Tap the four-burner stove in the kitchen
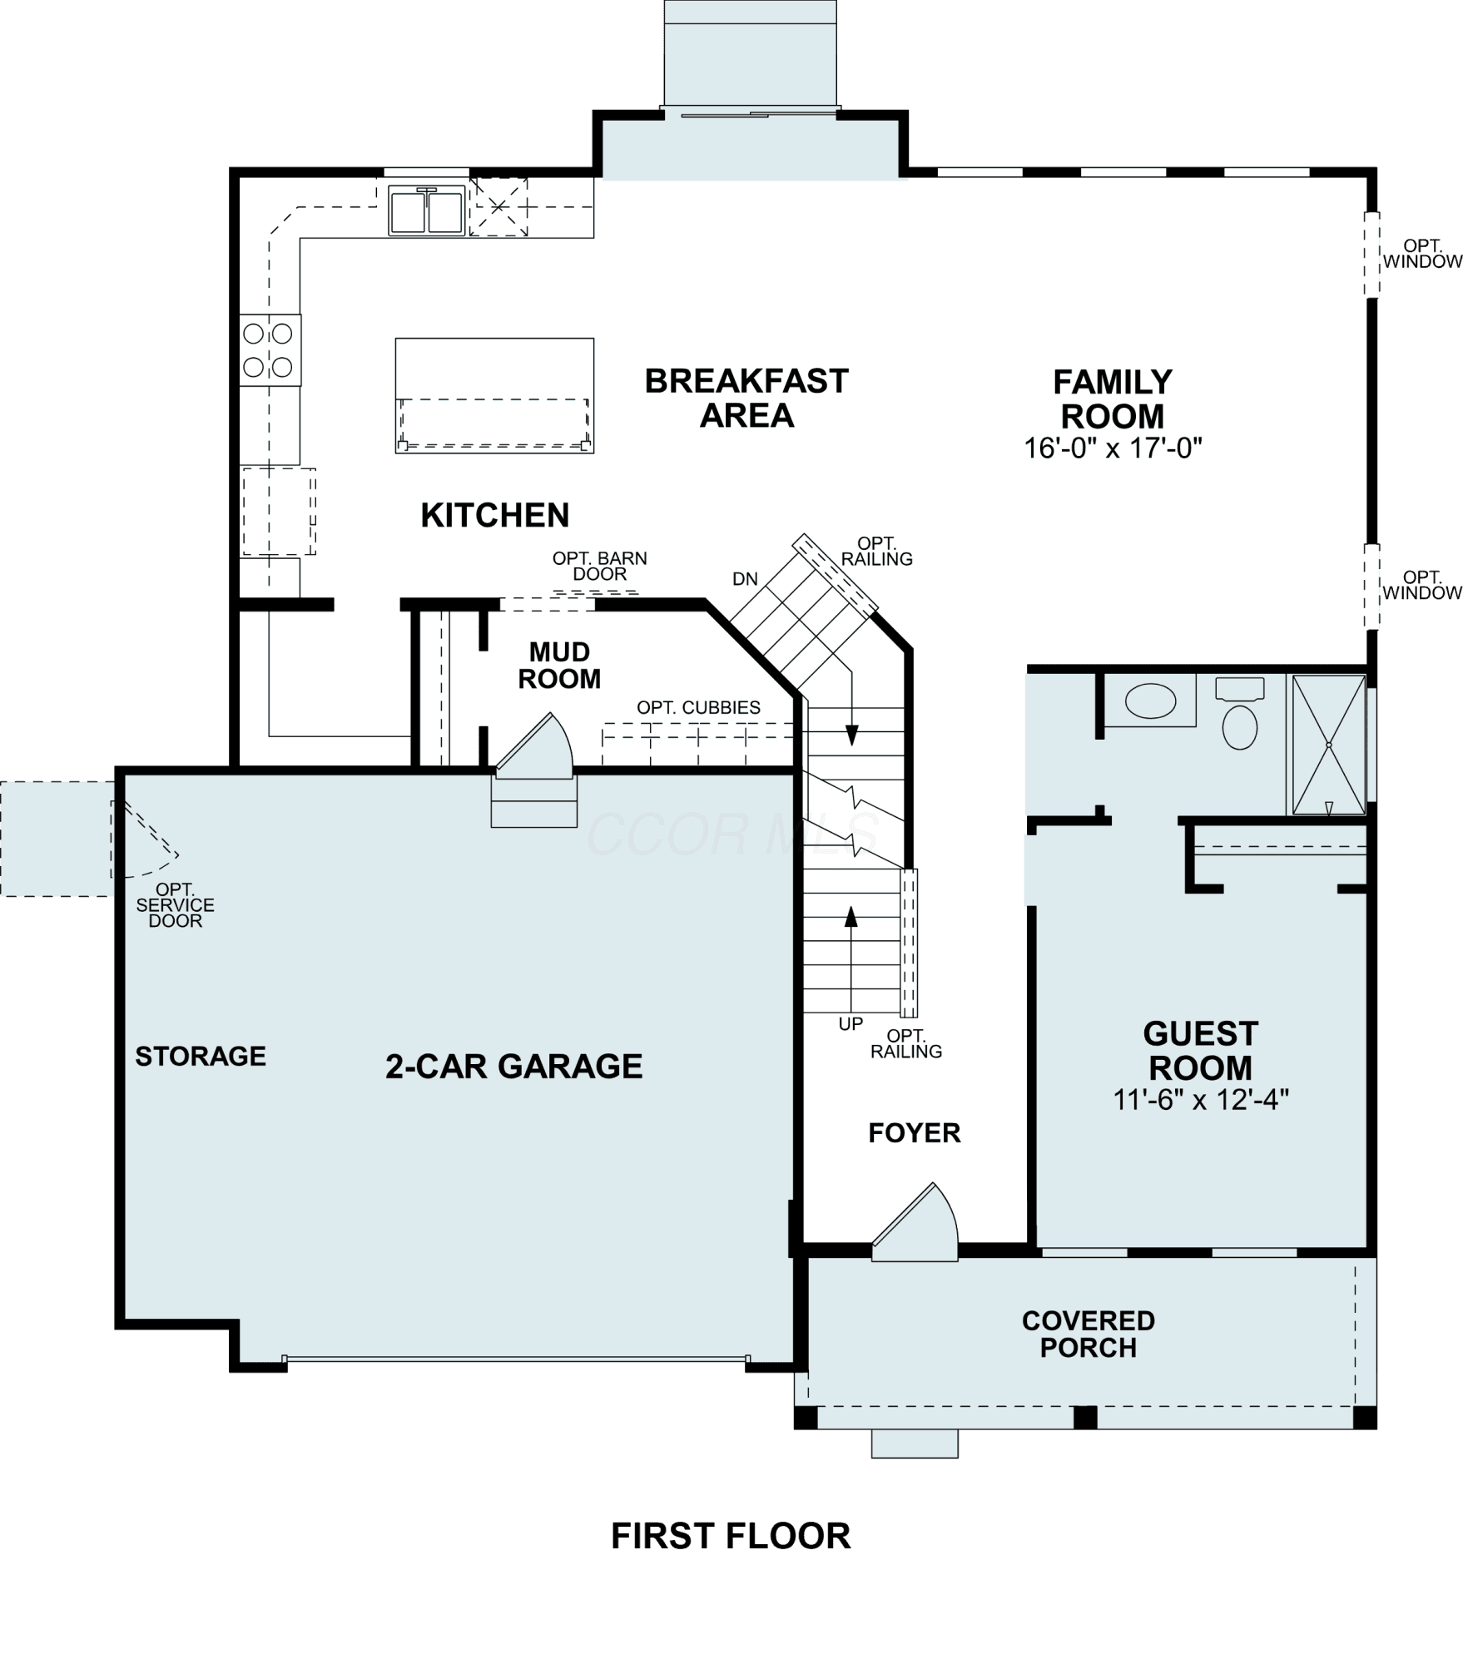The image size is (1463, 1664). [270, 349]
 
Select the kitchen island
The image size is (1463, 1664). [494, 395]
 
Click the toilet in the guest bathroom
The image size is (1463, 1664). [1239, 715]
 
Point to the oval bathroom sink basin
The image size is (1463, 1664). [1150, 701]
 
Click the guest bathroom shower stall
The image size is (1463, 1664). [1328, 745]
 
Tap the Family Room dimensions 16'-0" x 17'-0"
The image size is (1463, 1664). [1113, 449]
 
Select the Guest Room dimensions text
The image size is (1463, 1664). [1201, 1101]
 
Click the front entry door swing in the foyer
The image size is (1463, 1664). [915, 1224]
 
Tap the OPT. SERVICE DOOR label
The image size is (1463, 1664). [176, 905]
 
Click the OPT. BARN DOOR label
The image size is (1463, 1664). [600, 566]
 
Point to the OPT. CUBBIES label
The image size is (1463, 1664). [698, 707]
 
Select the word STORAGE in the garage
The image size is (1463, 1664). [201, 1056]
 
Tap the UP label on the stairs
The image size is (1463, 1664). [851, 1024]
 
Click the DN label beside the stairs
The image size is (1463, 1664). [746, 579]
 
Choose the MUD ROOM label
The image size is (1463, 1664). [559, 665]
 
